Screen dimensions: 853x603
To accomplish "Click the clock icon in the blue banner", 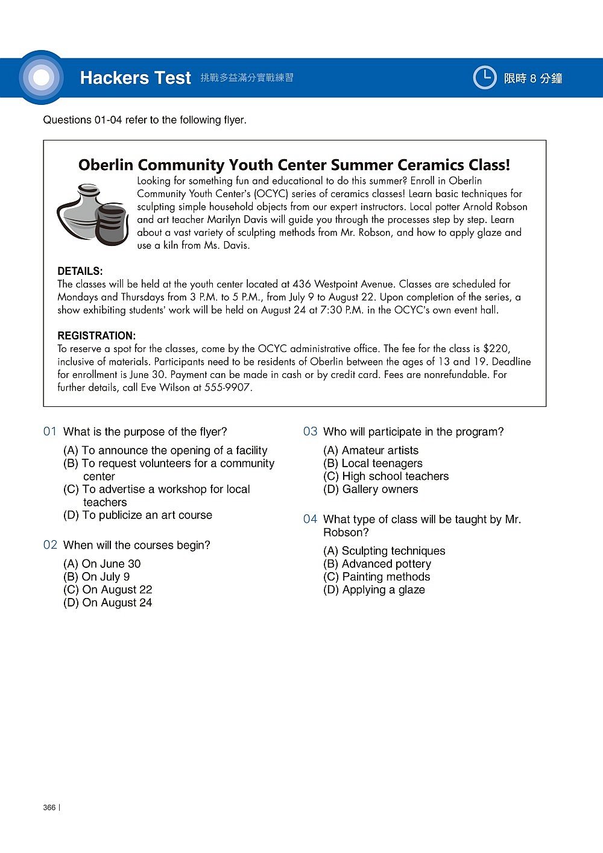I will coord(484,78).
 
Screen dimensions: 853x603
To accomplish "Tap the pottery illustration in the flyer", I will coord(92,215).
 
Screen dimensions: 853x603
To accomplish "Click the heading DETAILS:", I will coord(80,271).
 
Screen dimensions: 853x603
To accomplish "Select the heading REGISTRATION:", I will coord(96,336).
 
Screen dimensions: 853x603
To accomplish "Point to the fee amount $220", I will coord(496,348).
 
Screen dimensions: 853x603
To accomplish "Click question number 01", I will coord(50,432).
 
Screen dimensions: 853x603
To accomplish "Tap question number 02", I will coord(50,545).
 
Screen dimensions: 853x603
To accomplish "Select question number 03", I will coord(310,432).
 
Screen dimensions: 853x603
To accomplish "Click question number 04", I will coord(310,519).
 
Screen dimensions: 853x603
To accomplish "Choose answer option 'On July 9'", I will coord(96,577).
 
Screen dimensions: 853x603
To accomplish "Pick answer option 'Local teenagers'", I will coord(373,464).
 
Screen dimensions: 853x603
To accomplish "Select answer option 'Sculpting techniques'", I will coord(384,551).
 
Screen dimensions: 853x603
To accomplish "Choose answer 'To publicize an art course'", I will coord(137,515).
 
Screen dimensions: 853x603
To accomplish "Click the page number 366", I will coord(49,808).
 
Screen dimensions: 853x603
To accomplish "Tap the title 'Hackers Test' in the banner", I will coord(135,78).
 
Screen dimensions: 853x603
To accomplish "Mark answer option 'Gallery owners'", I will coord(370,489).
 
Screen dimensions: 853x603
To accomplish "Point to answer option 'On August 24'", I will coord(107,603).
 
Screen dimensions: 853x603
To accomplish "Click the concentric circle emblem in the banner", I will coord(41,78).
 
